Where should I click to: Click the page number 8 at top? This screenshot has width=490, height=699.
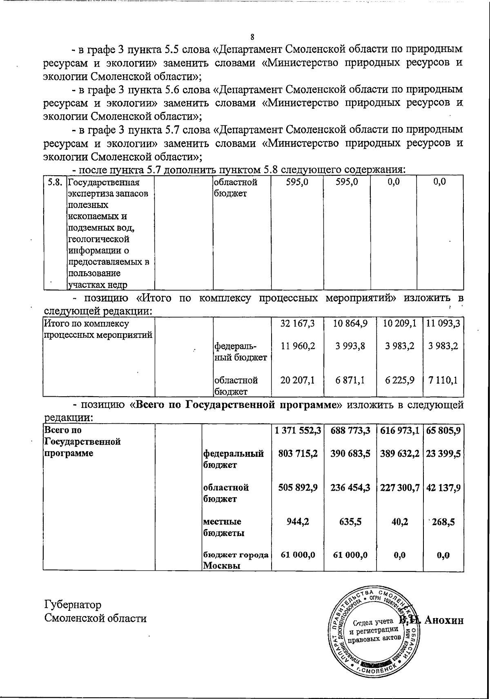pyautogui.click(x=252, y=37)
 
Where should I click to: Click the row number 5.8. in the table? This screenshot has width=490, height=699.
pyautogui.click(x=55, y=183)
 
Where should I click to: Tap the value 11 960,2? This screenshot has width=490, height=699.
pyautogui.click(x=298, y=346)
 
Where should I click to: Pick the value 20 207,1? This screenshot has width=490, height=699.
pyautogui.click(x=298, y=380)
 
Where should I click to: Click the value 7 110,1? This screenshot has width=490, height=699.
pyautogui.click(x=443, y=380)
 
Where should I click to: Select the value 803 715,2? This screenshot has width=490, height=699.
pyautogui.click(x=298, y=453)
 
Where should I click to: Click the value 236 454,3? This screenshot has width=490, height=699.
pyautogui.click(x=350, y=487)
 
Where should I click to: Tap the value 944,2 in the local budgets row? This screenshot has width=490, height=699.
pyautogui.click(x=298, y=522)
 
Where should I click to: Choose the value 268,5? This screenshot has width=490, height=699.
pyautogui.click(x=443, y=522)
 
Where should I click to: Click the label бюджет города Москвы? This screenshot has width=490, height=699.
pyautogui.click(x=236, y=560)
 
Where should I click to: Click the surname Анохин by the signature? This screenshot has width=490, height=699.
pyautogui.click(x=444, y=620)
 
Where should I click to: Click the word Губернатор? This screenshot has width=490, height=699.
pyautogui.click(x=73, y=604)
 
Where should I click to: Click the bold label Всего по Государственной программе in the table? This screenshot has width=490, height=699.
pyautogui.click(x=82, y=442)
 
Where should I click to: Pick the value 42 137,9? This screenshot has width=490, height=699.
pyautogui.click(x=443, y=487)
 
